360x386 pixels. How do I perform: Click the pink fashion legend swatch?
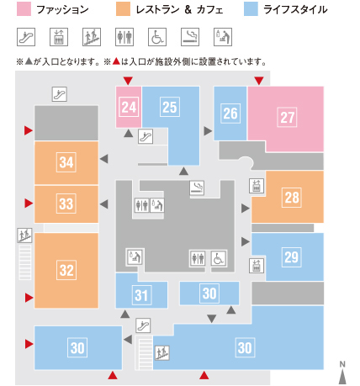pos(24,9)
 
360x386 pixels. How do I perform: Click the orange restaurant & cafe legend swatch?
pos(123,9)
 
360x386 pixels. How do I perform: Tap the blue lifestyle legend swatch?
pos(251,9)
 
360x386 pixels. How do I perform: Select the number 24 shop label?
pos(129,107)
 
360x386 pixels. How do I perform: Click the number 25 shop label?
pos(170,107)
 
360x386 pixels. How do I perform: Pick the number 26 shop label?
pos(230,114)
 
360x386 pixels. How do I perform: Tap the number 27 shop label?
pos(287,117)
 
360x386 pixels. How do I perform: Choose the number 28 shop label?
pos(292,198)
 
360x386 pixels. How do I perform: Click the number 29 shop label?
pos(292,257)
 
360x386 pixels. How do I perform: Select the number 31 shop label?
pos(141,295)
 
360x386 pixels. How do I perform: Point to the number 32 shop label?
pos(66,270)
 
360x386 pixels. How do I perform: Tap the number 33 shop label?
pos(66,204)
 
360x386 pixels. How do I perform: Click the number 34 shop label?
pos(66,162)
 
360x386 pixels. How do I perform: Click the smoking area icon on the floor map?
pos(197,188)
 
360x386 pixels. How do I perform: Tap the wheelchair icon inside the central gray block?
pos(219,258)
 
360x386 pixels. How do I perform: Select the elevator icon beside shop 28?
pos(257,186)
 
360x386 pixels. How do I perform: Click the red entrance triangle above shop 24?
pos(128,81)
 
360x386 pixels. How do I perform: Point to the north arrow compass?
pos(342,373)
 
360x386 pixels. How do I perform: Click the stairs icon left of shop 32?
pos(25,235)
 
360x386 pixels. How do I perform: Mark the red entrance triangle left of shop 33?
pos(29,204)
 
